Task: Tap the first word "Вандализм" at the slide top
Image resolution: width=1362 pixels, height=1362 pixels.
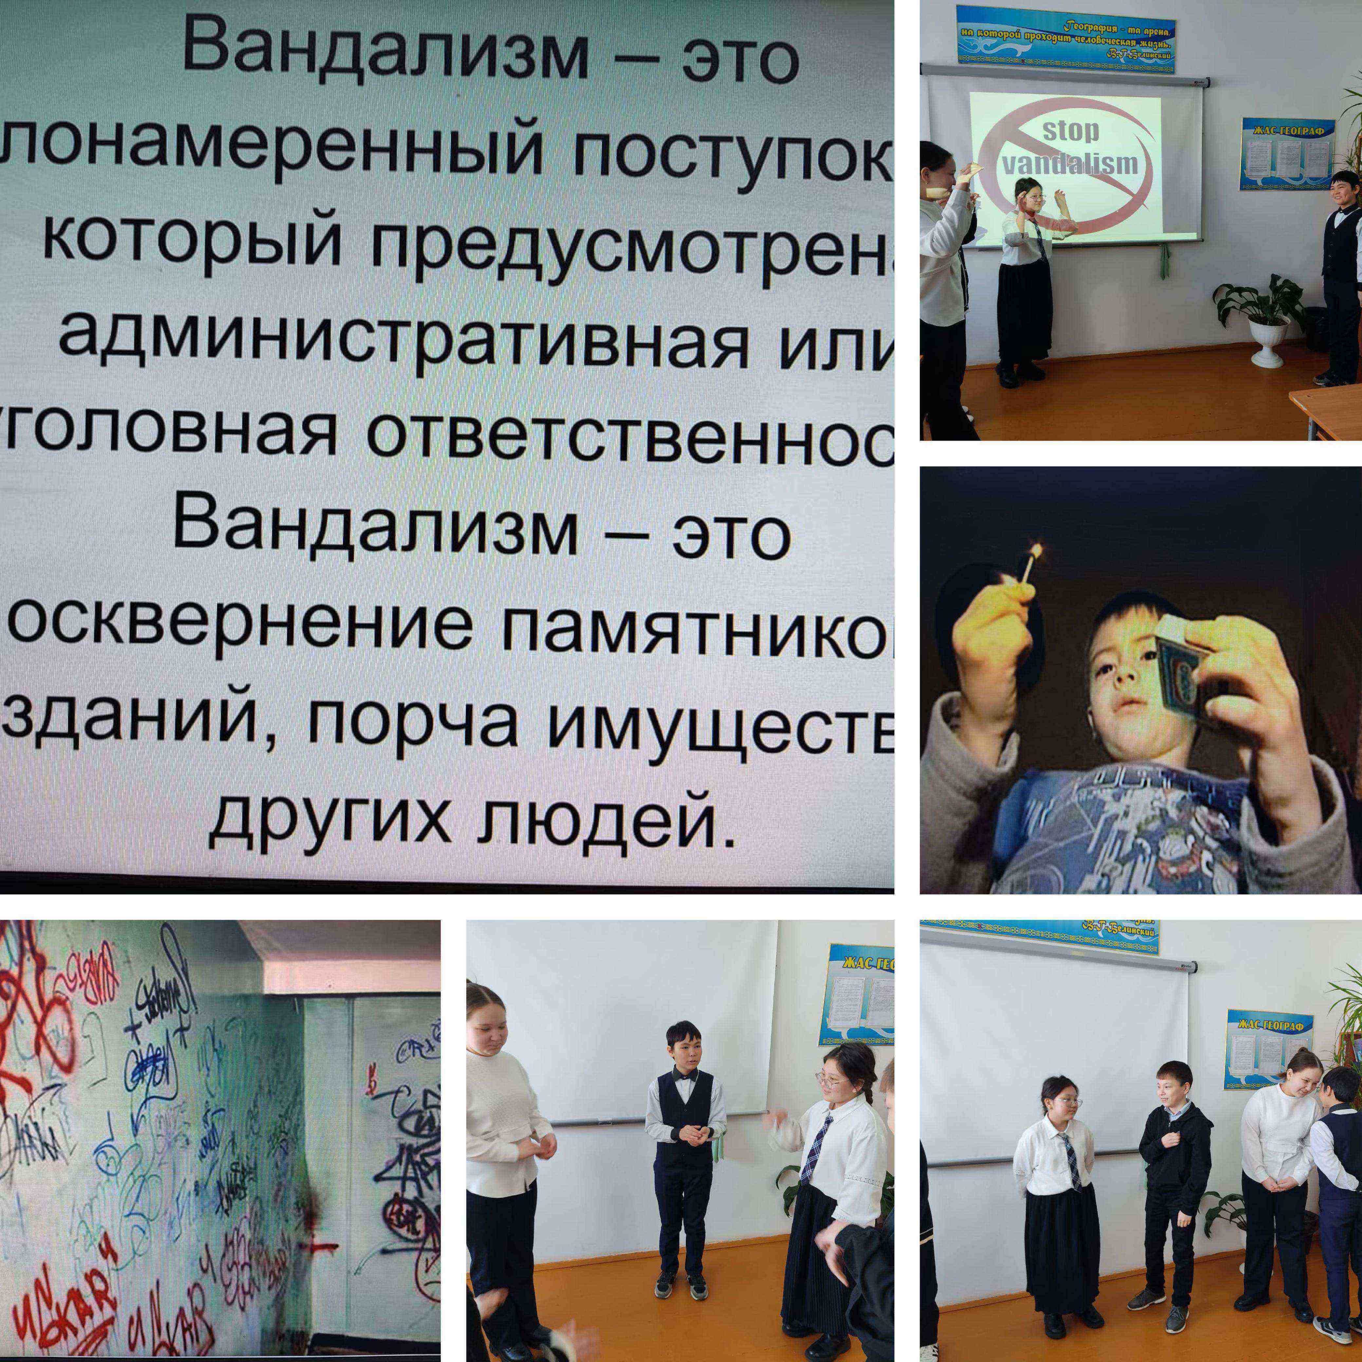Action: tap(384, 53)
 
